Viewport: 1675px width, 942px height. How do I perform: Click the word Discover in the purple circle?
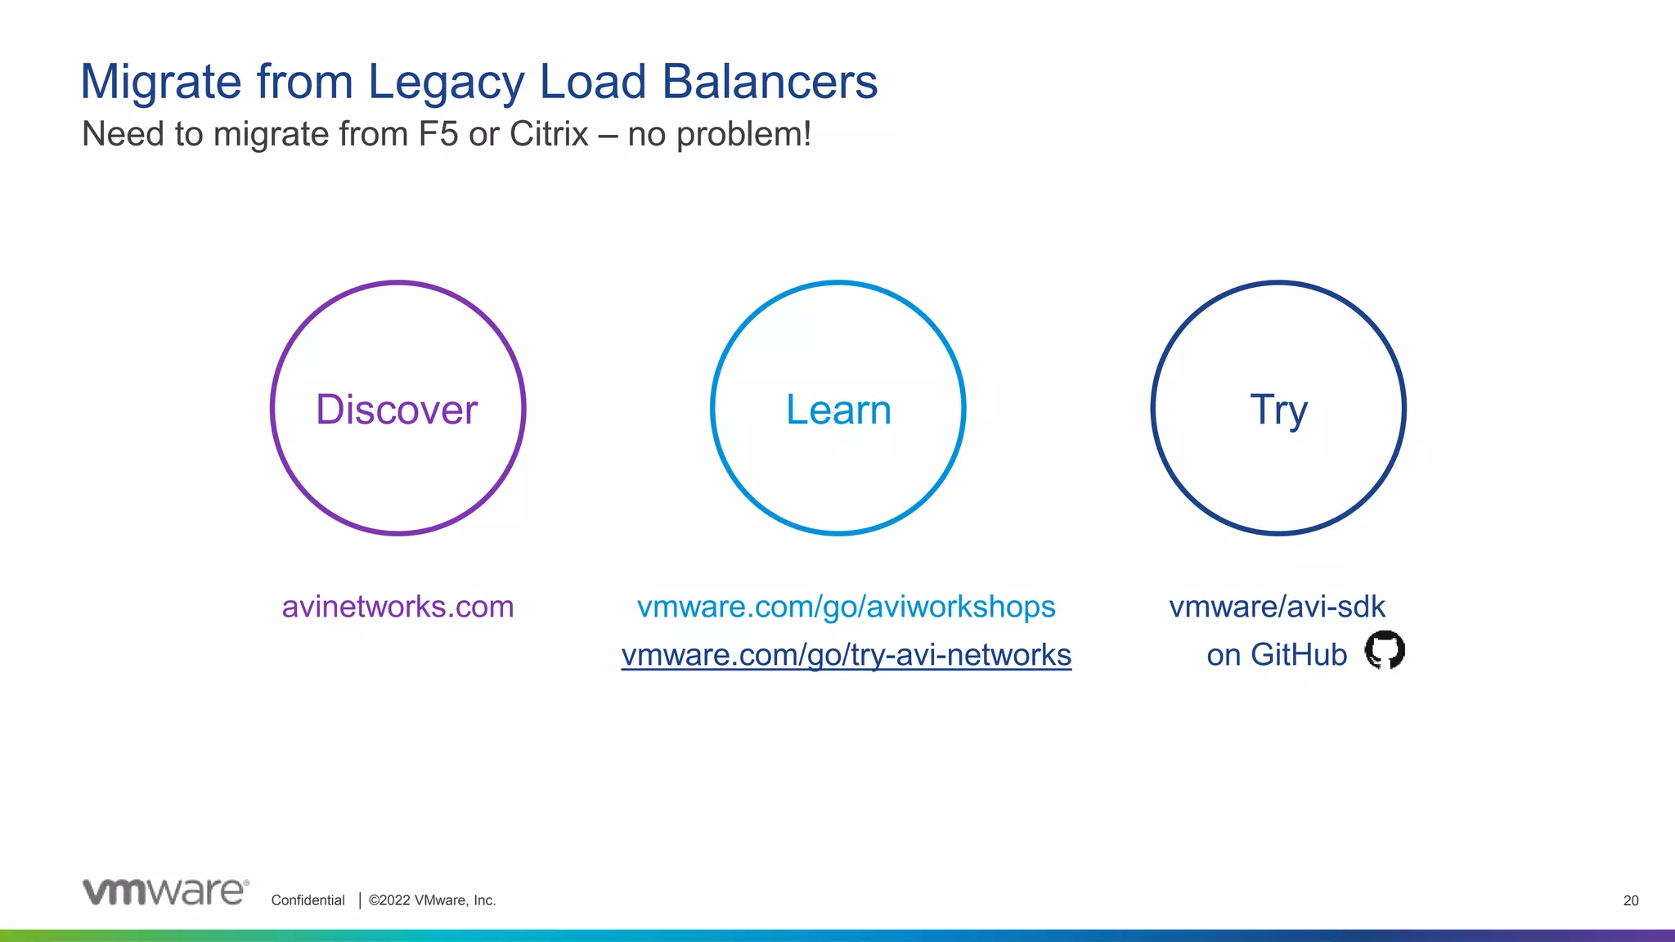coord(397,410)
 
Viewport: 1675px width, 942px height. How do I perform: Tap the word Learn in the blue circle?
coord(838,410)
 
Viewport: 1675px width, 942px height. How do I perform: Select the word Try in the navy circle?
coord(1278,410)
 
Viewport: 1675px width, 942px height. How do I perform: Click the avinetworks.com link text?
coord(397,607)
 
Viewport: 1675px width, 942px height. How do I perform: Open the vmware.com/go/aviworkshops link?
coord(846,607)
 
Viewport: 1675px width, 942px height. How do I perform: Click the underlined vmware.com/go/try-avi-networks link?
coord(846,655)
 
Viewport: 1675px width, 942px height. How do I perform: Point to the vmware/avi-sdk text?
coord(1277,607)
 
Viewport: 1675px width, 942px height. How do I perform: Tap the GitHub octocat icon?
coord(1385,650)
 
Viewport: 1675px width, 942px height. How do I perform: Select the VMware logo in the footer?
coord(165,892)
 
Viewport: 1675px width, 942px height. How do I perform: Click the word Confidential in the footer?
coord(308,900)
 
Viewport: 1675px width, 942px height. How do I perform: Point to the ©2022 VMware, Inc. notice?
coord(432,900)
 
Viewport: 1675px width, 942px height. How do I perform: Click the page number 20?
coord(1631,900)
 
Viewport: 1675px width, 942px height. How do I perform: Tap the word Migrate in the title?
coord(161,83)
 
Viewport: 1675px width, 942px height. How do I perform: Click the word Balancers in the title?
coord(769,83)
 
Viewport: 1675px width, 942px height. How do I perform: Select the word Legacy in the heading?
coord(446,83)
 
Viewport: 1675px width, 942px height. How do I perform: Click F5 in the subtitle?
coord(438,134)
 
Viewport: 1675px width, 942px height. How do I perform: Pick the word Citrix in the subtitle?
coord(549,134)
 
